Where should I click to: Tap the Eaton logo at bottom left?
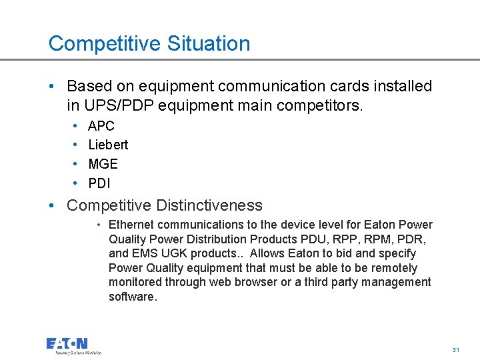coord(73,345)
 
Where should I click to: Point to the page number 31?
coord(456,350)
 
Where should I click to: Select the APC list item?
coord(101,126)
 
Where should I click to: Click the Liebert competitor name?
coord(108,145)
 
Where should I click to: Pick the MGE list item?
coord(103,164)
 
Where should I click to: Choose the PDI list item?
coord(99,183)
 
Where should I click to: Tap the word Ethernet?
coord(132,225)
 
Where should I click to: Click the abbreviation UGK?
coord(174,253)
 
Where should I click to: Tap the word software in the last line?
coord(132,297)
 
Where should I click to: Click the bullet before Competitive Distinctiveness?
coord(52,205)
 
